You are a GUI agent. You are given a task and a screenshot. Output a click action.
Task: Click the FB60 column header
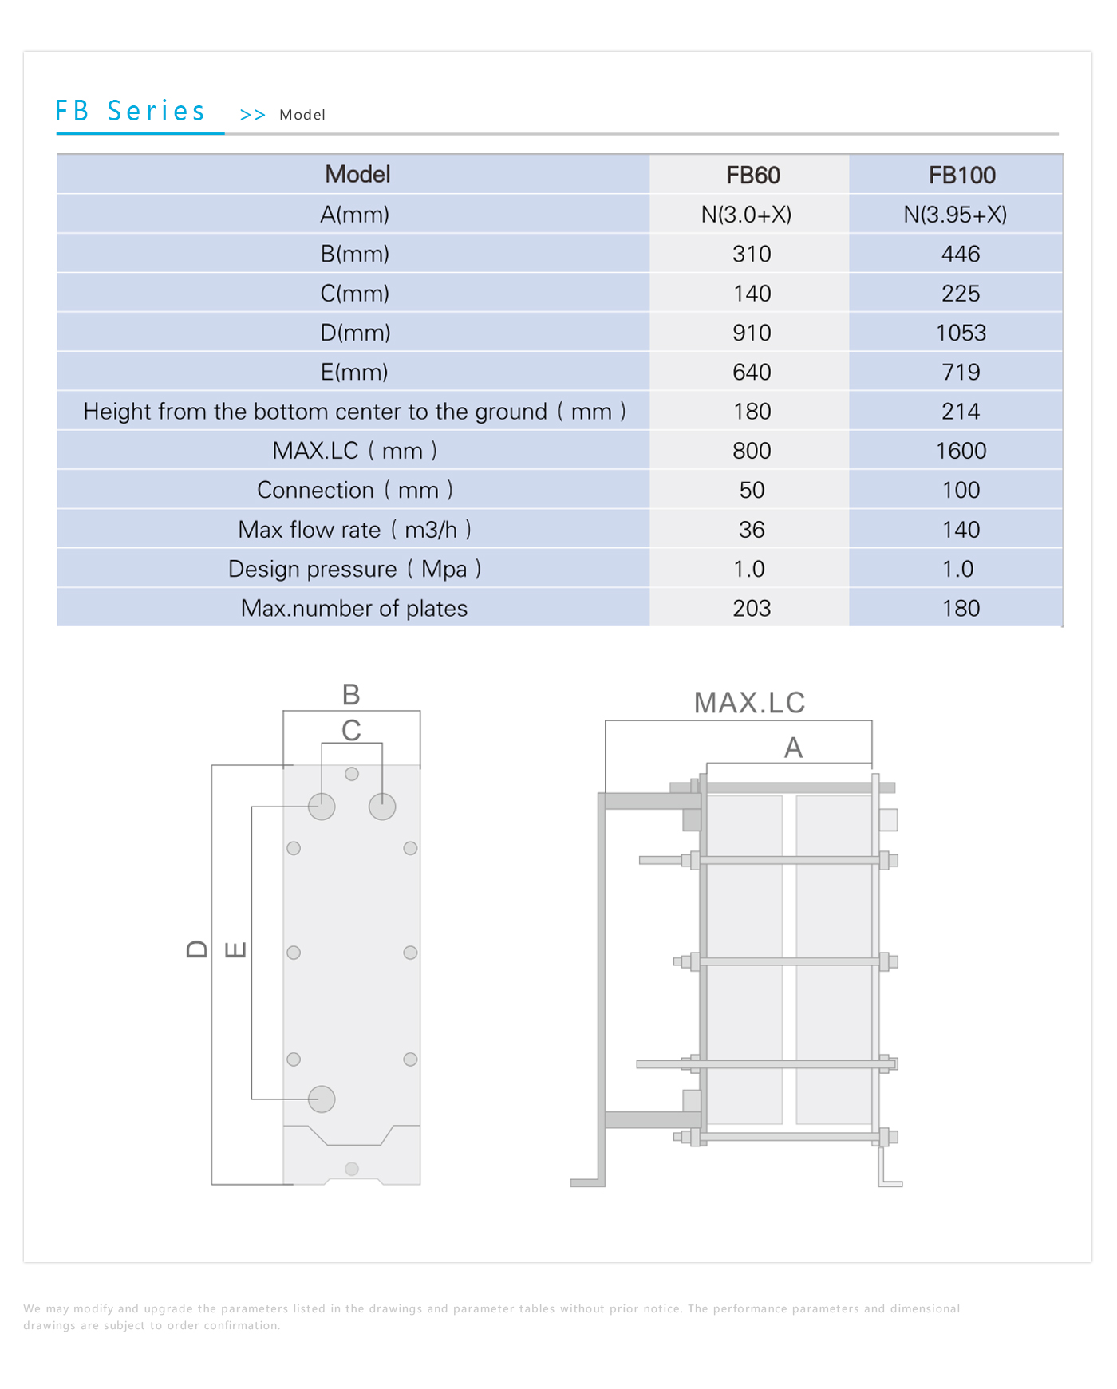click(x=752, y=176)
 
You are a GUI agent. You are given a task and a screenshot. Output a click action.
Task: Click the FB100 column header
click(x=961, y=176)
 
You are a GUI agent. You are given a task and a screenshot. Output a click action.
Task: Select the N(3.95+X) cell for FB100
click(x=955, y=215)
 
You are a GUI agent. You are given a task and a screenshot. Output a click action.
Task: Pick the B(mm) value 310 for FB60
click(x=752, y=255)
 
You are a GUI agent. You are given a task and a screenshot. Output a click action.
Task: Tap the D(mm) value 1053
click(x=961, y=333)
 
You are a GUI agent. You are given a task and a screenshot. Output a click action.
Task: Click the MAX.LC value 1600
click(x=961, y=451)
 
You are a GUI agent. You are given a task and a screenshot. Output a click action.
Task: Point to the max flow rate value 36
click(x=752, y=530)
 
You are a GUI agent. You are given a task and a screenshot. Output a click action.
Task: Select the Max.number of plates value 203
click(x=752, y=609)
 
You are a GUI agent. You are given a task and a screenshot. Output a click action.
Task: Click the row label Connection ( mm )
click(x=354, y=491)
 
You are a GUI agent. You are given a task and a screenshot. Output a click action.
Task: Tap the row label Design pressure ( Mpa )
click(x=354, y=570)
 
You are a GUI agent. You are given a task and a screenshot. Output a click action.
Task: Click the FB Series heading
click(x=130, y=112)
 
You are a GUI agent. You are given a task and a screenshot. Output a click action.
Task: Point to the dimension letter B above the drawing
click(x=351, y=695)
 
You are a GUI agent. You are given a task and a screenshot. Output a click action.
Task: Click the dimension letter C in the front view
click(x=351, y=731)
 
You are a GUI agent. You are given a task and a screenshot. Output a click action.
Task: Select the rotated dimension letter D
click(x=197, y=949)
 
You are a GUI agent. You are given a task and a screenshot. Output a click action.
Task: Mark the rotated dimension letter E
click(x=235, y=949)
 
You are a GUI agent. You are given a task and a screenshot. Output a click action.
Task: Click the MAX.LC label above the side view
click(x=749, y=704)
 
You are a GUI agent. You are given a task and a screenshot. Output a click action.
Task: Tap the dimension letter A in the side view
click(x=793, y=748)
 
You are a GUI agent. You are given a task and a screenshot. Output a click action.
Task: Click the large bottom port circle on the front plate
click(x=322, y=1099)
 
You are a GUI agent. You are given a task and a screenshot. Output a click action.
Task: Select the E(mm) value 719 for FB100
click(x=961, y=373)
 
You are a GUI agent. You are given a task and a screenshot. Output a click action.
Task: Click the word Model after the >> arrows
click(x=302, y=115)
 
